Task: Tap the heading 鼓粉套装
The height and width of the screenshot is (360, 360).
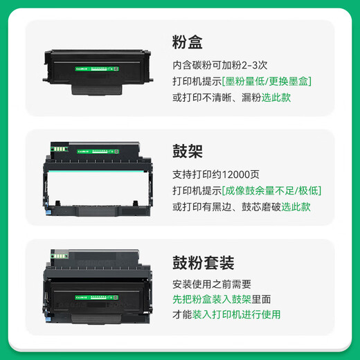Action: [203, 263]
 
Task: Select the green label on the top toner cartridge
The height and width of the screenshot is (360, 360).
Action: [100, 68]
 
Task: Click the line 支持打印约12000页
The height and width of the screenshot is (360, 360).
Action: [217, 174]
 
